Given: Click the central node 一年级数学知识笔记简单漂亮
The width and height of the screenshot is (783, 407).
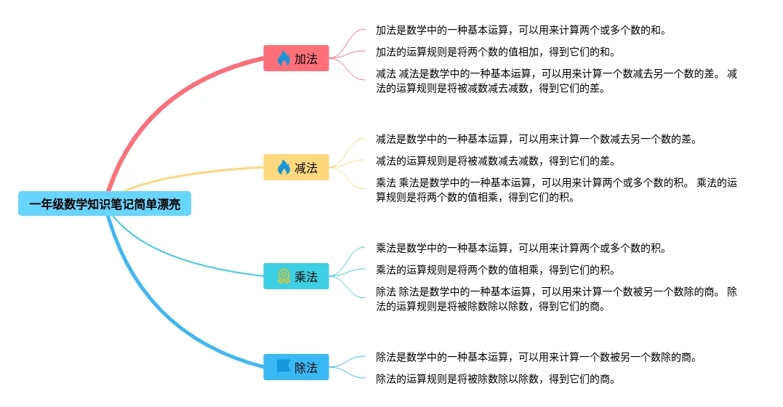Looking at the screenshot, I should [105, 204].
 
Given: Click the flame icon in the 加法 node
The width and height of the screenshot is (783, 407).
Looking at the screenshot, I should [284, 58].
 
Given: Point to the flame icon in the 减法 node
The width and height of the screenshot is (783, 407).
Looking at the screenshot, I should [284, 167].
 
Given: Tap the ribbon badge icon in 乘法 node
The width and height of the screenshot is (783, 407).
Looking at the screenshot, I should [284, 276].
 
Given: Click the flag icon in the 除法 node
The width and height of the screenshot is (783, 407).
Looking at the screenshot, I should [284, 367].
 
